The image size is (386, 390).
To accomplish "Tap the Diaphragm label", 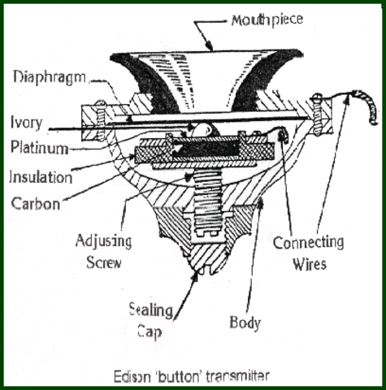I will (48, 78).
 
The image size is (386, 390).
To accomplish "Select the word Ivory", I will (29, 123).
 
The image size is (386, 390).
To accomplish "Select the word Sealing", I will (152, 309).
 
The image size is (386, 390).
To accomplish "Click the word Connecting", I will (309, 243).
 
